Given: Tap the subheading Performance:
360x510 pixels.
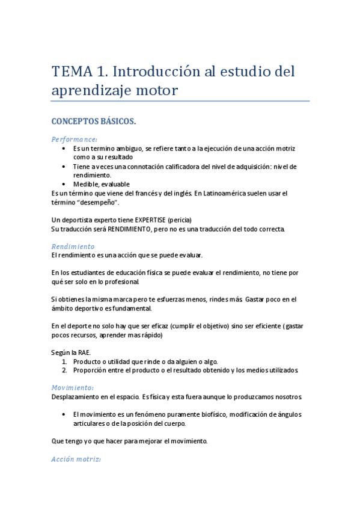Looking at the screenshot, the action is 75,139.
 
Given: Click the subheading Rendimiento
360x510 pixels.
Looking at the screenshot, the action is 73,247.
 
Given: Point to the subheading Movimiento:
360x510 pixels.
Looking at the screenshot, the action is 72,387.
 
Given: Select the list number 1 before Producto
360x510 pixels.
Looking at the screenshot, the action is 64,361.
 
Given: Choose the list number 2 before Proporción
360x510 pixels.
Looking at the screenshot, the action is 64,370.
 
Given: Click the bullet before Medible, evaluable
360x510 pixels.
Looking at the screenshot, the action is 65,184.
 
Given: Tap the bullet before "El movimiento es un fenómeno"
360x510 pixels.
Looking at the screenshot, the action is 65,414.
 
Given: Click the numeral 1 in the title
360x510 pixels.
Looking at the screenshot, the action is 102,73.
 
